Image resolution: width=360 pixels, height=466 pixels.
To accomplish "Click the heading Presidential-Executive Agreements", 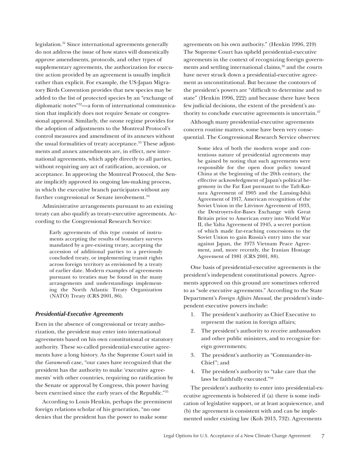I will (x=79, y=314).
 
